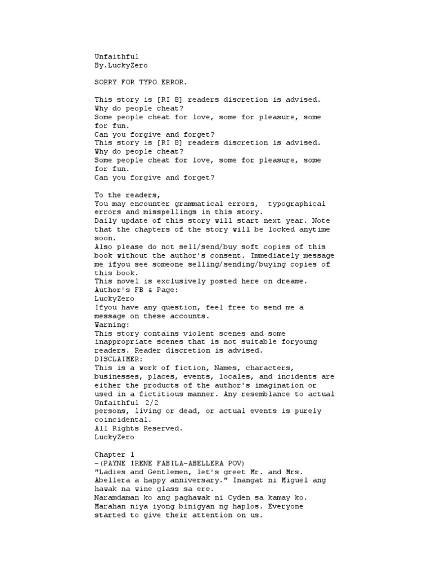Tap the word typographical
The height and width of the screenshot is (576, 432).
click(x=296, y=204)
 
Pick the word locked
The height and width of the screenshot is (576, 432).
click(x=284, y=229)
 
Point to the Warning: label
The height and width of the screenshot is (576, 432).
click(x=112, y=325)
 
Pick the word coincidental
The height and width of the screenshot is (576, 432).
click(x=123, y=420)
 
